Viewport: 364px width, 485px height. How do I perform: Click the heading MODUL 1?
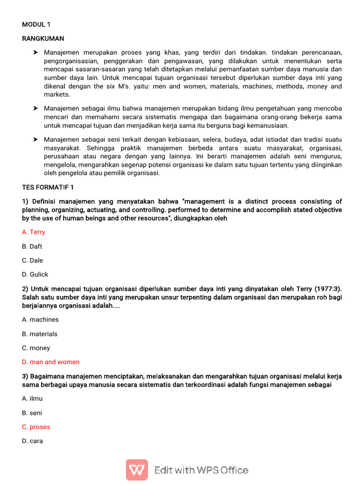click(x=36, y=24)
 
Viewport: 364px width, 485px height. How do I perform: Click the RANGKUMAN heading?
click(x=43, y=38)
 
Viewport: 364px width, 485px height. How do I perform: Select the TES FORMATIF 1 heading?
click(x=48, y=188)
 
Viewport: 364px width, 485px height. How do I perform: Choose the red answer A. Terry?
click(x=34, y=232)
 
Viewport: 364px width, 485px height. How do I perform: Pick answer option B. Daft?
click(x=32, y=246)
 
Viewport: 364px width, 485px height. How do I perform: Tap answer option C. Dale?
click(x=32, y=260)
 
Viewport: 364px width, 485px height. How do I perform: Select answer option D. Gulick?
click(x=35, y=274)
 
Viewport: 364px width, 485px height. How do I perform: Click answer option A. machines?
click(x=40, y=320)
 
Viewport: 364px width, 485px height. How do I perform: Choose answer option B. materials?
click(x=40, y=334)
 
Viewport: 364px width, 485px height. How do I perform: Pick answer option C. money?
click(x=36, y=348)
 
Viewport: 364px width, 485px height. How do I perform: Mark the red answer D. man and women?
click(x=51, y=362)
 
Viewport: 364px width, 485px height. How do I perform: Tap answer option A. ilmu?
click(x=32, y=399)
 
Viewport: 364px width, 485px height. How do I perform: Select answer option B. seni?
click(x=32, y=413)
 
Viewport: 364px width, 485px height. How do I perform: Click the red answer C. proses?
click(x=36, y=427)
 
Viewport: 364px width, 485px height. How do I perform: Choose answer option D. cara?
click(x=32, y=441)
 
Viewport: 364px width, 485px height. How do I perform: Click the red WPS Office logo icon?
click(x=137, y=470)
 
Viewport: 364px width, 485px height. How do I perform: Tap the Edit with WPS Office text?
click(x=201, y=470)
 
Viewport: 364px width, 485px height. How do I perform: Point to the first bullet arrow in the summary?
click(x=35, y=52)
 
